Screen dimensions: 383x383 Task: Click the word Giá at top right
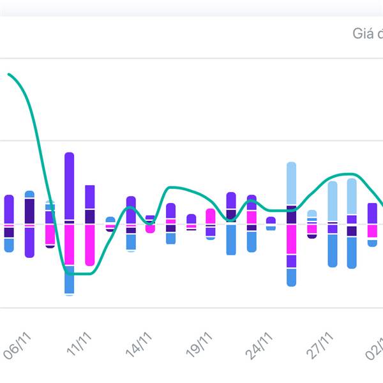coord(363,33)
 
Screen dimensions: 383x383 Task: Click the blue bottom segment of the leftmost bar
coord(9,245)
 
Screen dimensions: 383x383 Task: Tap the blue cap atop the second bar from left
coord(29,194)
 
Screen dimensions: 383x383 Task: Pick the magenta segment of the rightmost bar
coord(372,231)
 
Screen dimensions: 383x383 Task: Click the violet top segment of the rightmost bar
coord(372,213)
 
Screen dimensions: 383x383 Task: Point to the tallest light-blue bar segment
coord(291,183)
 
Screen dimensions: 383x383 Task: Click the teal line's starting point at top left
coord(9,75)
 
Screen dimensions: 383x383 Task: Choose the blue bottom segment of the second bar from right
coord(352,252)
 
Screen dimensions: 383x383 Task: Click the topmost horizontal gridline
coord(191,59)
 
